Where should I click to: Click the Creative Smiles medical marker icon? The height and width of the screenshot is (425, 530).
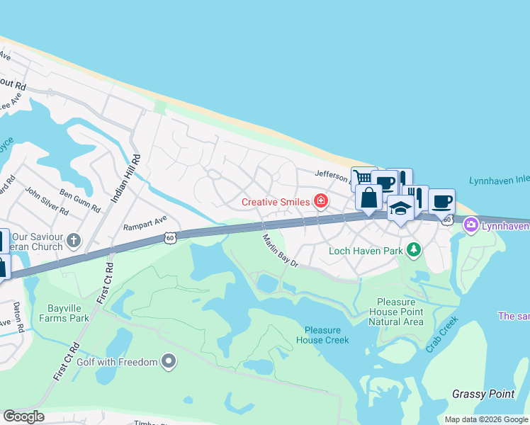point(321,202)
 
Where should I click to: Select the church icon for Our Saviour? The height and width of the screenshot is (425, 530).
point(74,241)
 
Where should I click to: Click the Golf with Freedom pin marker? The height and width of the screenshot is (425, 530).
point(168,362)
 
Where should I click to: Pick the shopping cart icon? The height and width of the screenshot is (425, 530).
point(362,178)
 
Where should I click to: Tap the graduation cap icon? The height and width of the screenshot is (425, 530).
point(400,209)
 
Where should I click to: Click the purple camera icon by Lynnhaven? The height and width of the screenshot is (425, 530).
point(470,226)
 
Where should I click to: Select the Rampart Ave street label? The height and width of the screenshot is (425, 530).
point(145,222)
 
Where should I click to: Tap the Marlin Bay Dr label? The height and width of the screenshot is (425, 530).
point(281,251)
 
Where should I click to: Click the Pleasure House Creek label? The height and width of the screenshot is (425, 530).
point(327,335)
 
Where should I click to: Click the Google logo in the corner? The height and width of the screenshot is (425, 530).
point(23,416)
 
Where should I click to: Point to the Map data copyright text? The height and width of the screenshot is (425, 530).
point(486,419)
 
